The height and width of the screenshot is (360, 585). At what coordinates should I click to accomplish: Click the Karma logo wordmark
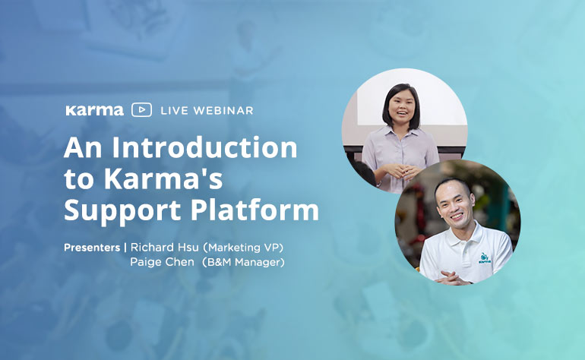94,110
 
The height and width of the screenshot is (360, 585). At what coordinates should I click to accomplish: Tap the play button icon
141,110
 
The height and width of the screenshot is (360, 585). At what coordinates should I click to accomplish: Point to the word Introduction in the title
204,147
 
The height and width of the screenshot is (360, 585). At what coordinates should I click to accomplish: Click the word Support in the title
122,211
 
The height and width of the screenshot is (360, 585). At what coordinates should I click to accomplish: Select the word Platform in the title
255,210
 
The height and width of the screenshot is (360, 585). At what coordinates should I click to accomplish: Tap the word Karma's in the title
163,178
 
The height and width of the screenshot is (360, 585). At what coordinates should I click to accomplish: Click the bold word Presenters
92,248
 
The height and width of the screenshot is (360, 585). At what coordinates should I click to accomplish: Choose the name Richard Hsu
165,248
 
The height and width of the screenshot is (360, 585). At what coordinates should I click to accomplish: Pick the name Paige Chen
162,262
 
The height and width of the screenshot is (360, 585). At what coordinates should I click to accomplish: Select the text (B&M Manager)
243,262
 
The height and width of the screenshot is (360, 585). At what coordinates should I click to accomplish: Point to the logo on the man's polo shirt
485,257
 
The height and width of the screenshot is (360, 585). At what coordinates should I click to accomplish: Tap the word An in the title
83,148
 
